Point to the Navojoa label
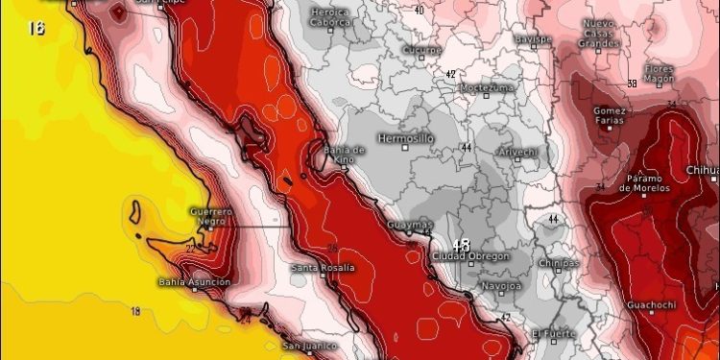pyautogui.click(x=498, y=286)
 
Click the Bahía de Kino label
pyautogui.click(x=345, y=154)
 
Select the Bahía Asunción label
pyautogui.click(x=195, y=282)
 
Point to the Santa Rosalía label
pyautogui.click(x=323, y=267)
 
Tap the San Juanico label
pyautogui.click(x=309, y=346)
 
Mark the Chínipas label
pyautogui.click(x=558, y=262)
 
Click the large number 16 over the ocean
pyautogui.click(x=36, y=27)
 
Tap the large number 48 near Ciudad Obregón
pyautogui.click(x=461, y=245)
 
